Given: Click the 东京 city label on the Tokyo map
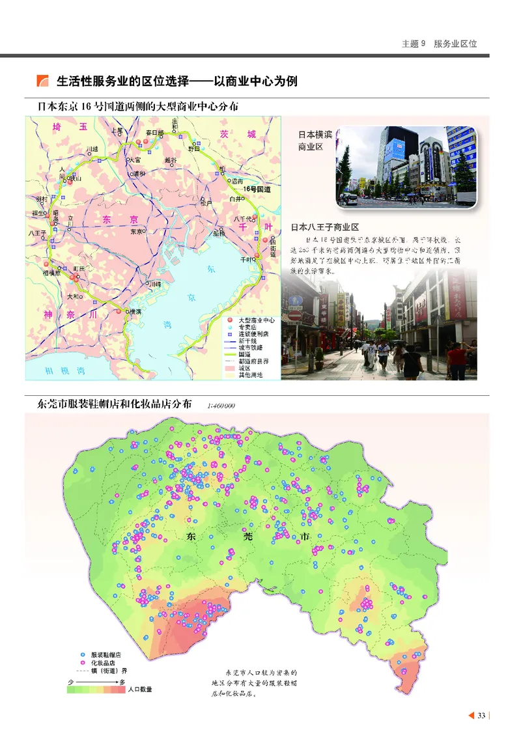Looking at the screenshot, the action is point(137,231).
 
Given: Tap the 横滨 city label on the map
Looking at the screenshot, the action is point(135,311).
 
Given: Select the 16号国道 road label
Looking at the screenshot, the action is point(257,189).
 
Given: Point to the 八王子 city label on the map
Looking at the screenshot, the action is point(36,232).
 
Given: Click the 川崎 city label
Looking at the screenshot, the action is point(154,285).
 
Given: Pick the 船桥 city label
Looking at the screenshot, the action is point(219,232).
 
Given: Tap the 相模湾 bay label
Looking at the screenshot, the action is point(55,369).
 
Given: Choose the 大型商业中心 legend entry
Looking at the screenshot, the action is point(256,321).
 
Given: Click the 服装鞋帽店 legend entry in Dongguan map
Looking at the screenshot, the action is point(106,654).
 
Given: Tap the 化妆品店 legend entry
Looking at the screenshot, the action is point(103,662).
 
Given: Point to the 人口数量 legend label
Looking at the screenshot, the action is point(140,689).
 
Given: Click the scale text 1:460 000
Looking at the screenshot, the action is point(221,406).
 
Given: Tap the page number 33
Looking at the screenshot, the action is point(481,716).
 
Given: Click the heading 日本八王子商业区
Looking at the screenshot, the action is point(325,227).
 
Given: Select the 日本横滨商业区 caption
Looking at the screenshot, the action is point(311,141).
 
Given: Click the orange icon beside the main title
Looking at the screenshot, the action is point(43,81).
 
